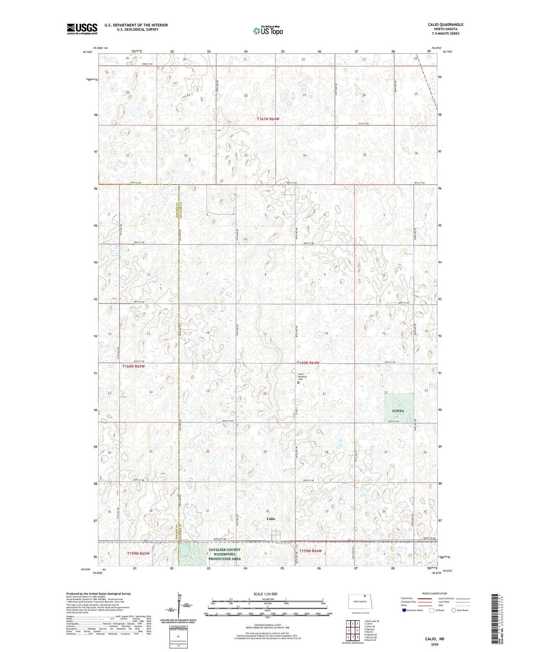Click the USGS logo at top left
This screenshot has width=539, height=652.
click(x=82, y=29)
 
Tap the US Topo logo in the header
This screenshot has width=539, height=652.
click(x=268, y=31)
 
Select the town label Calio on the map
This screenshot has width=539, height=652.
click(x=271, y=519)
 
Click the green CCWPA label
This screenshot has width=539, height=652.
click(x=398, y=411)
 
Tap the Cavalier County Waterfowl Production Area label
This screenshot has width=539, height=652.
click(x=224, y=554)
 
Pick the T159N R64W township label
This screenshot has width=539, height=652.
click(x=310, y=551)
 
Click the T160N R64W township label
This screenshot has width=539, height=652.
click(x=308, y=363)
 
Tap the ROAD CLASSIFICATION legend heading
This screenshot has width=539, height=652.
click(x=435, y=593)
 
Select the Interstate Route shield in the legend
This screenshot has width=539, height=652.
click(x=404, y=610)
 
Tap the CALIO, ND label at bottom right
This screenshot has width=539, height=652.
click(x=435, y=639)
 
